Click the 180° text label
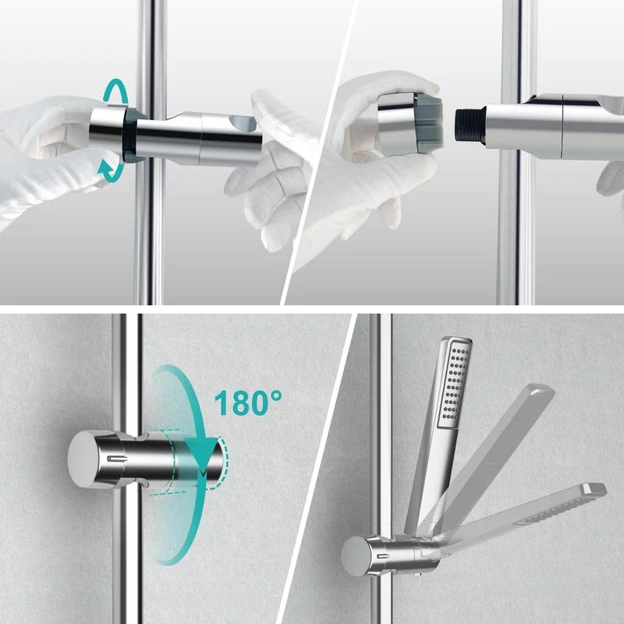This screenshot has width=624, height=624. pyautogui.click(x=248, y=402)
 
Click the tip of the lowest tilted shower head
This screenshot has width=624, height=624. pyautogui.click(x=596, y=489)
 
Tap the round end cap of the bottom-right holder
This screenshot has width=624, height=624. pyautogui.click(x=354, y=555)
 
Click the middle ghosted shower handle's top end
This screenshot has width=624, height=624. pyautogui.click(x=541, y=390)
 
